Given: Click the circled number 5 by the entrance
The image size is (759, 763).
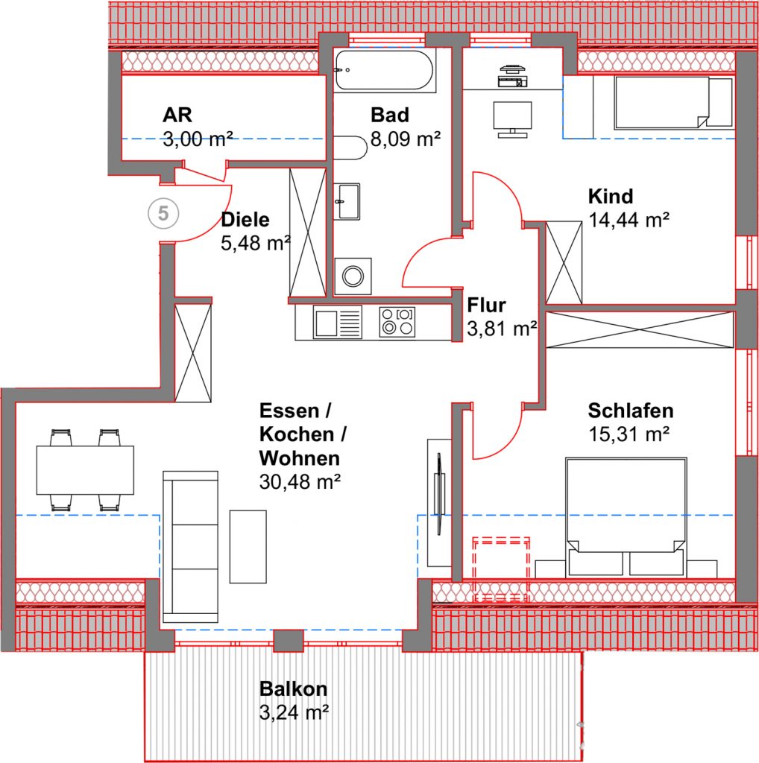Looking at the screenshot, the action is point(163,213).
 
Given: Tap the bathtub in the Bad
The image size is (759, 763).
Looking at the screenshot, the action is point(384,69).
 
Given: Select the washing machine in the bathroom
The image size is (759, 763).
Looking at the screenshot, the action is point(353,276).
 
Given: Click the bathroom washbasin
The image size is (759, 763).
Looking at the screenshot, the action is point(347,201).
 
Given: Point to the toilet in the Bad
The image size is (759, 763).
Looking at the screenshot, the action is point(350,148).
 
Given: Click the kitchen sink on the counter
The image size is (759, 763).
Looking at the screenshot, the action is point(338,322).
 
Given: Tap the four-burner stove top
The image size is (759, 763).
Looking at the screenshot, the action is point(397,322).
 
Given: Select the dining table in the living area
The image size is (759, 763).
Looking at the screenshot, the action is point(85,470).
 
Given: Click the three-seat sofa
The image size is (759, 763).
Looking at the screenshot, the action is point(190,546).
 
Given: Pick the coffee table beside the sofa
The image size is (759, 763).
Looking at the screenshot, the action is point(248,546).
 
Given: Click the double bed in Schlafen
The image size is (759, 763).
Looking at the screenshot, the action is point(626,516).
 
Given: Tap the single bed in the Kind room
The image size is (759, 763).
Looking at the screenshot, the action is point(673,103).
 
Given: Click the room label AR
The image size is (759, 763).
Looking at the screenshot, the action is point(177,115).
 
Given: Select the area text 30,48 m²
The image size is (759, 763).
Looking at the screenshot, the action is point(300,482).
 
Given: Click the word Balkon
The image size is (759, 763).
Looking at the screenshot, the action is point(293,689).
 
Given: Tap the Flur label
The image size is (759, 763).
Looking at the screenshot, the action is point(486,305).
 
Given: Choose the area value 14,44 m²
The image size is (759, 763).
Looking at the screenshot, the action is point(629,220).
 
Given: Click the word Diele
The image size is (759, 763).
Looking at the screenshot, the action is point(245,220).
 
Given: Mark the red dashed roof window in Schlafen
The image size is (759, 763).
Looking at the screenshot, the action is point(502,569).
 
